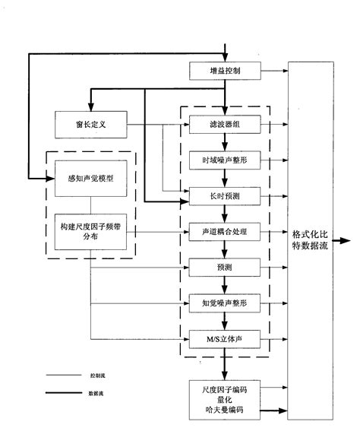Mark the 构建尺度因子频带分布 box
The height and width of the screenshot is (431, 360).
click(90, 234)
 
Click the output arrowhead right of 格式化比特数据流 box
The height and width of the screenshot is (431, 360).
click(347, 241)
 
